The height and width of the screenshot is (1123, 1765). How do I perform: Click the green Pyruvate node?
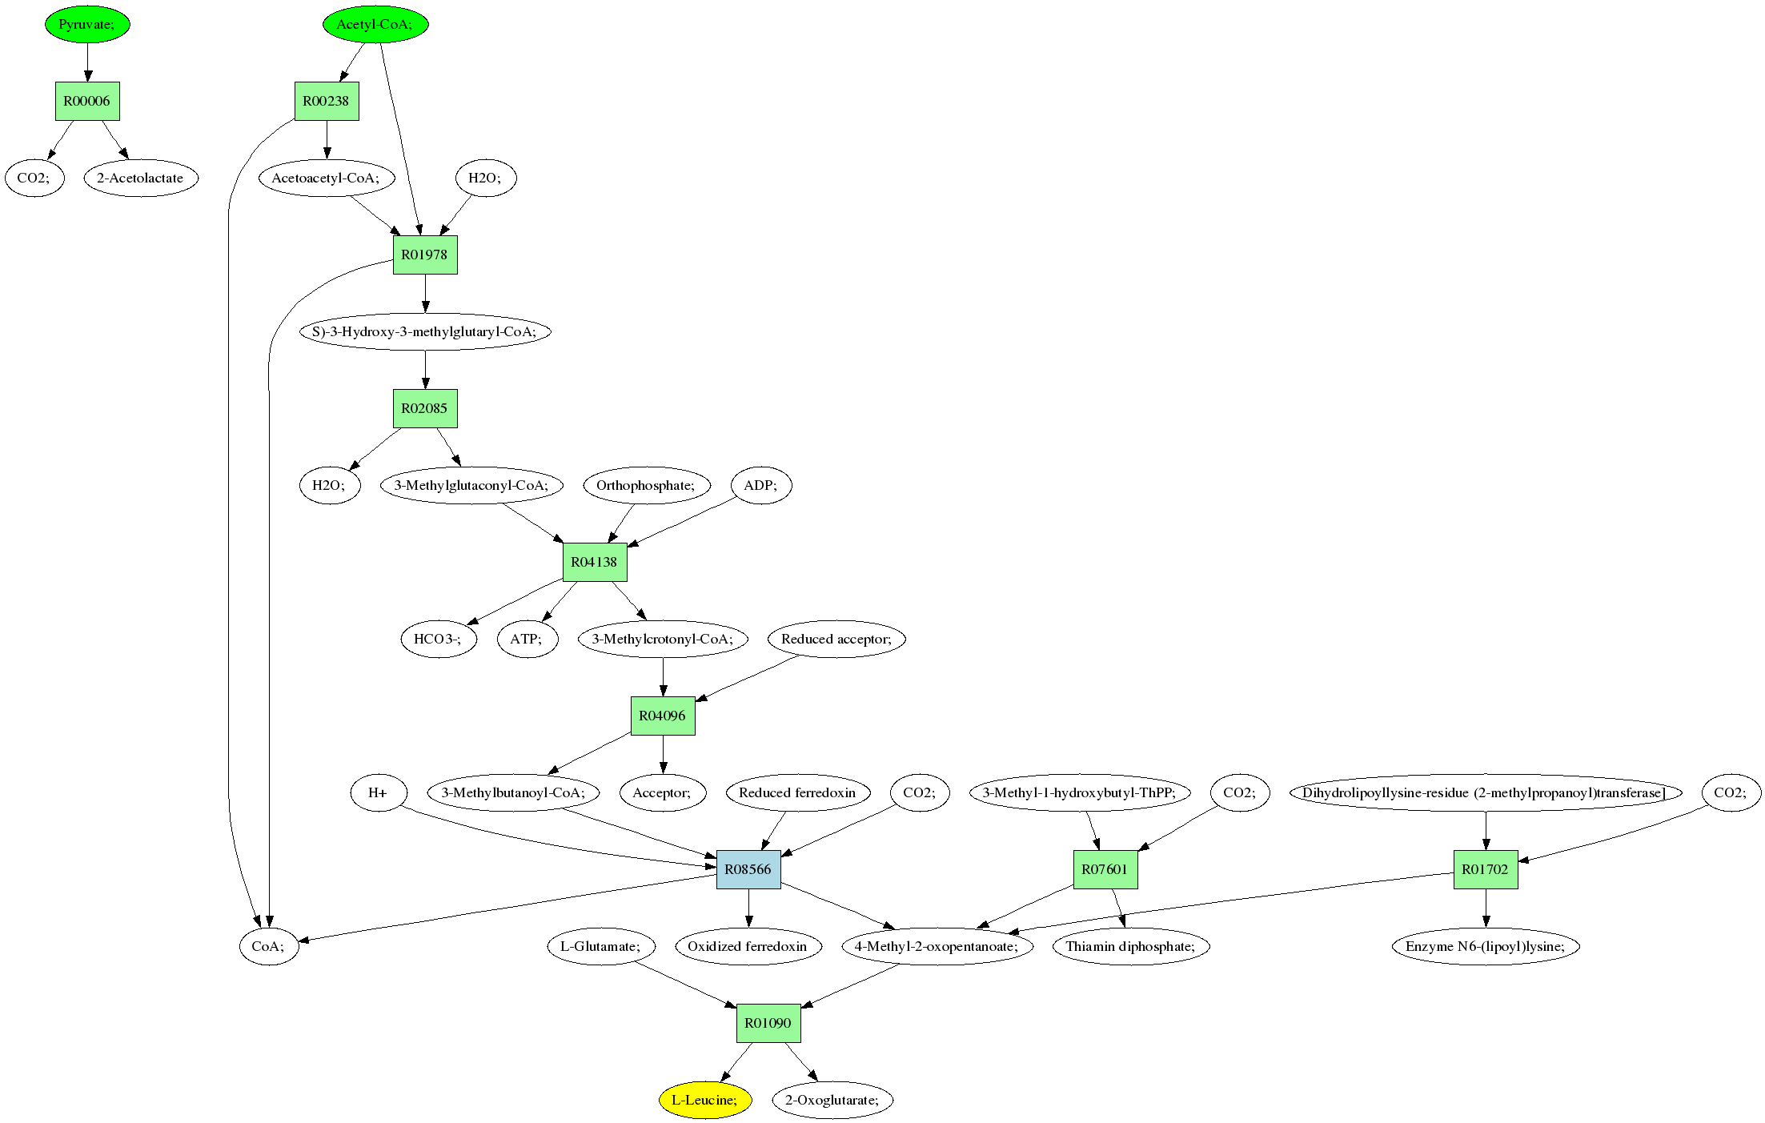pos(87,24)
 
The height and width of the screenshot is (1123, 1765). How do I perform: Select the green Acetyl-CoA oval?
pos(375,24)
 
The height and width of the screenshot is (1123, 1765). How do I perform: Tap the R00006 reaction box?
pos(87,101)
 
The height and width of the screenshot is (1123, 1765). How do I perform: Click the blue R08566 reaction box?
pos(748,869)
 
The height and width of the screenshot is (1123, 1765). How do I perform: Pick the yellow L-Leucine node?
pos(705,1100)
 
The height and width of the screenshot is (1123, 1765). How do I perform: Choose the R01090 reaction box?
pos(768,1023)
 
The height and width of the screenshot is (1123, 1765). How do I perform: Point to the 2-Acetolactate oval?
pos(140,178)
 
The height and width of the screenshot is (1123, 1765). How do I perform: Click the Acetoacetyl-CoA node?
pos(326,178)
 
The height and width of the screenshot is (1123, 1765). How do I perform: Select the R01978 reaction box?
pos(425,255)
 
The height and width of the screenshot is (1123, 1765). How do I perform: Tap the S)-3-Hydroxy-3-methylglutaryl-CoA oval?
pos(425,331)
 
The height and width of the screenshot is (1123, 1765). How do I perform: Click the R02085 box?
pos(425,408)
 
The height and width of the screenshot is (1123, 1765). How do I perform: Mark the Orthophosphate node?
pos(646,485)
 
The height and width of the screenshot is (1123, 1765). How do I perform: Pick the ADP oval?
pos(761,485)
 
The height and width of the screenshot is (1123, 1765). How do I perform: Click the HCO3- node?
pos(438,639)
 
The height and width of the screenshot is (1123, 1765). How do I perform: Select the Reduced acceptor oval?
pos(836,639)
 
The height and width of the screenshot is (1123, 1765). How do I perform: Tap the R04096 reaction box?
pos(662,716)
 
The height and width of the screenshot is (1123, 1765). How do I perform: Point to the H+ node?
pos(378,792)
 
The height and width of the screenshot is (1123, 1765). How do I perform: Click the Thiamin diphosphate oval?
pos(1131,946)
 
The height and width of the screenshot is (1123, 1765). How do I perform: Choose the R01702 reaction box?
pos(1485,869)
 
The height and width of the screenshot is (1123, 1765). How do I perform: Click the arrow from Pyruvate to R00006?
pos(87,62)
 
